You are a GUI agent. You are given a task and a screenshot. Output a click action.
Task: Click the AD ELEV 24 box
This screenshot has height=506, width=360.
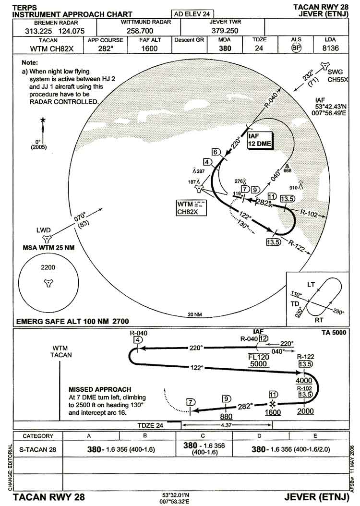click(192, 14)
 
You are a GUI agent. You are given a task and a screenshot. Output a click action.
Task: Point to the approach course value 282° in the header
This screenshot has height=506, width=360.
click(105, 48)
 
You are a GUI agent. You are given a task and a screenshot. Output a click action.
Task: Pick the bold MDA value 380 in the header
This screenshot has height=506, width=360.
click(225, 48)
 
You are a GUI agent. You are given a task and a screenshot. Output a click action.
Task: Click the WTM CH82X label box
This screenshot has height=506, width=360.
click(192, 207)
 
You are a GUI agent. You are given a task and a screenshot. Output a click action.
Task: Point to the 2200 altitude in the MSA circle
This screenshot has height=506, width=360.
click(48, 267)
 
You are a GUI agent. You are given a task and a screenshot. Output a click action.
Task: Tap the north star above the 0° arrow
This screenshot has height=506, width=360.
click(43, 120)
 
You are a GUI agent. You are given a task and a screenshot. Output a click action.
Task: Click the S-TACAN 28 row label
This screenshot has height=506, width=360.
click(37, 449)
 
